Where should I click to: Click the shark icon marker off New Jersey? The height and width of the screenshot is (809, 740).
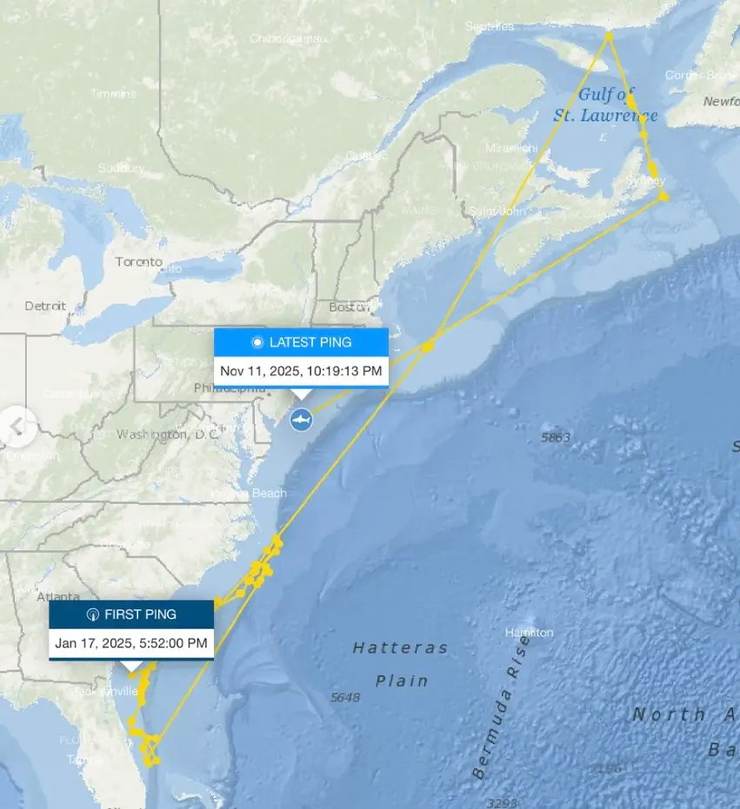click(301, 420)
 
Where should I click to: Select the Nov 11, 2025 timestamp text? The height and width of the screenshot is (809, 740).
click(301, 371)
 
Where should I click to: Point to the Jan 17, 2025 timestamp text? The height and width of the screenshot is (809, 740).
click(131, 643)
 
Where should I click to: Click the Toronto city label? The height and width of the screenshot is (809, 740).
click(138, 262)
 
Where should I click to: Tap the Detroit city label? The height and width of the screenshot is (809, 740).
click(45, 306)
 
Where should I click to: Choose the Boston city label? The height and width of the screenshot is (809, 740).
click(349, 307)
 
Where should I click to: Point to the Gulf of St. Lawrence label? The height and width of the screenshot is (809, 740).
click(606, 104)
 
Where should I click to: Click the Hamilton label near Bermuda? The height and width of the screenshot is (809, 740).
click(529, 633)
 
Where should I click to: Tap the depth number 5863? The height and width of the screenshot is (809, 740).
click(556, 438)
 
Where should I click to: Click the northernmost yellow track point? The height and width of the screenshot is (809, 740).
click(610, 36)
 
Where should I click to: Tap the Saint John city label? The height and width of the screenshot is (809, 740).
click(494, 211)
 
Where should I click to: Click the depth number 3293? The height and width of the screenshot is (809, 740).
click(503, 802)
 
